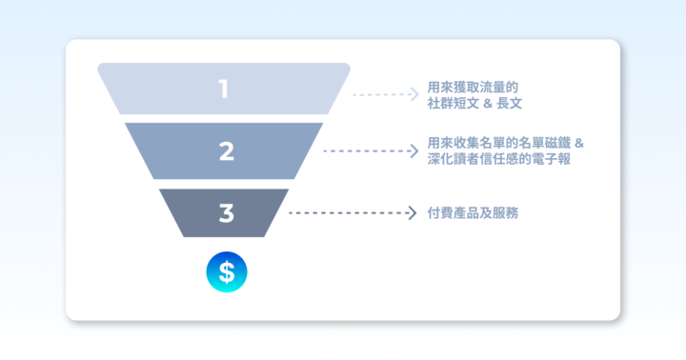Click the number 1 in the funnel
(x=224, y=90)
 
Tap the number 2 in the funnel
(x=226, y=150)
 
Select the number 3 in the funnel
(x=226, y=212)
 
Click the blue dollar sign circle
(x=226, y=272)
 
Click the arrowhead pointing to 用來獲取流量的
(x=414, y=94)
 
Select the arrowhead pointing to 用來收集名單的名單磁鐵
(x=414, y=150)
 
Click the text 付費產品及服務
(x=474, y=212)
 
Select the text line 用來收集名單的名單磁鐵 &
(x=506, y=143)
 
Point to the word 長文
(x=511, y=103)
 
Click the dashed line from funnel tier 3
(x=347, y=212)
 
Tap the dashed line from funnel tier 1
(x=381, y=94)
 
